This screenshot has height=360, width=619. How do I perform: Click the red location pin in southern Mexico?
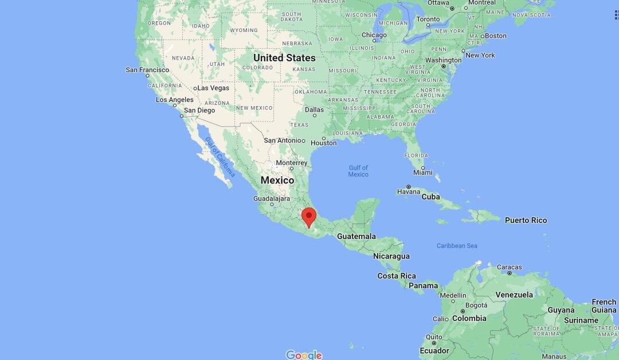[x=309, y=216]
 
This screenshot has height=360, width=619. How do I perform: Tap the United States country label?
[x=284, y=58]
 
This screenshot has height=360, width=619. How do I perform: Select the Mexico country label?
[x=277, y=180]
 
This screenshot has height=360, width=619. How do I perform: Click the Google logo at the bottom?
[x=304, y=355]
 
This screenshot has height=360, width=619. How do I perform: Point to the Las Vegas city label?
[x=213, y=88]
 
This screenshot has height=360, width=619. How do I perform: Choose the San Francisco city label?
[x=147, y=70]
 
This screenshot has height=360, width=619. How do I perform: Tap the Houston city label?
[x=324, y=143]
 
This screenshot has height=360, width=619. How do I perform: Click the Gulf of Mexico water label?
[x=358, y=171]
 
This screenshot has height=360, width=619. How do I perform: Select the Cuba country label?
[x=430, y=197]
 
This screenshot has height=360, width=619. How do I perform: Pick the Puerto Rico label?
[x=526, y=220]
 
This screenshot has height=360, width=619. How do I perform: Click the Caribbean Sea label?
[x=457, y=246]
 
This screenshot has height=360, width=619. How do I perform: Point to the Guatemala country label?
[x=356, y=236]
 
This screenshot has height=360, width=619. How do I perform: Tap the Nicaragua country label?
[x=391, y=256]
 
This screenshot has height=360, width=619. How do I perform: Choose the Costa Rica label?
[x=397, y=276]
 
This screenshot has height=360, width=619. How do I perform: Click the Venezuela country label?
[x=514, y=295]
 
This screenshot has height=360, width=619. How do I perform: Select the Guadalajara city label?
[x=272, y=198]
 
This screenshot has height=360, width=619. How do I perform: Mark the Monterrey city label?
[x=292, y=163]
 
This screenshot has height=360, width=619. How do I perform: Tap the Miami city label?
[x=422, y=172]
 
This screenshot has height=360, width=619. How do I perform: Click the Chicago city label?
[x=374, y=35]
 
